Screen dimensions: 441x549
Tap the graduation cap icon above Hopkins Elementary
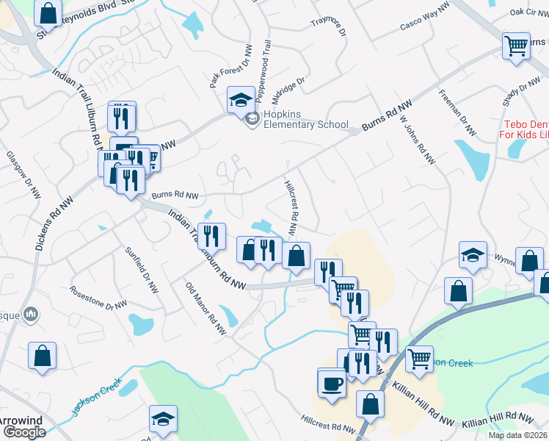[x=240, y=100]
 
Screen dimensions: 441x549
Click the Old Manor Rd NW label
[x=205, y=309]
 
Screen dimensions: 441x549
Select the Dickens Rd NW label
[x=43, y=221]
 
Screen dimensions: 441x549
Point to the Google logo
[x=23, y=431]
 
